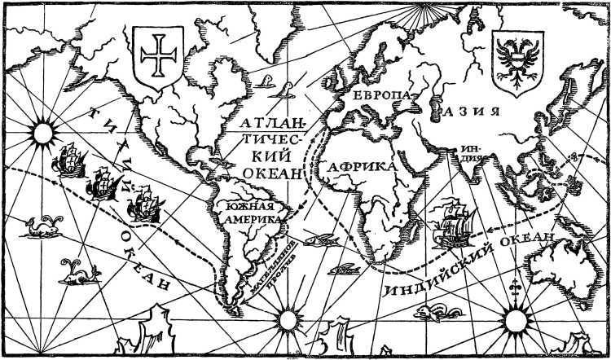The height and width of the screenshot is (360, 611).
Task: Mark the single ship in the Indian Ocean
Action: [x=453, y=222]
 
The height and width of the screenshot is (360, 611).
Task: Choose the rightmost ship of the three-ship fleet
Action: [x=142, y=203]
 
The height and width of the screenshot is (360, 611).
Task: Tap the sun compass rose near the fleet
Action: [x=42, y=130]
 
